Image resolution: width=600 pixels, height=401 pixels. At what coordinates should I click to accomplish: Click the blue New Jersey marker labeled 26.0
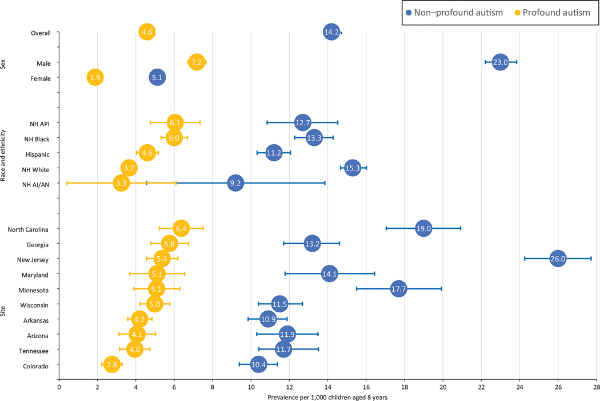[557, 259]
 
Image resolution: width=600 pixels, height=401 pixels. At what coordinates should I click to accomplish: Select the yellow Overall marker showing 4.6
[147, 33]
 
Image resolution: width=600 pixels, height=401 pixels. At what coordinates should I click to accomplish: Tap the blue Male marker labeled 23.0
[500, 62]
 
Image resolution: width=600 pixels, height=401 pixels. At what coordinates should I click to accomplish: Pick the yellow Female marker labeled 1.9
[95, 78]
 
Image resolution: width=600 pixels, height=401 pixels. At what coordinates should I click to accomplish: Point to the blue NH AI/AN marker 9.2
[235, 183]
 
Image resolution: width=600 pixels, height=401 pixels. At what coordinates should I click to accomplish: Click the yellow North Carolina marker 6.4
[181, 228]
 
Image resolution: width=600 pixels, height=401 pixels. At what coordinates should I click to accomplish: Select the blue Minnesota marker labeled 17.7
[398, 289]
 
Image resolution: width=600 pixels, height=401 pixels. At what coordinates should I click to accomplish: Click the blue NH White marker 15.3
[353, 168]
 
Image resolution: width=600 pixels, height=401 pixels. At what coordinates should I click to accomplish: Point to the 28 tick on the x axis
[596, 387]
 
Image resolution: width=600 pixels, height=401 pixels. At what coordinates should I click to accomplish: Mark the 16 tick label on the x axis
[366, 387]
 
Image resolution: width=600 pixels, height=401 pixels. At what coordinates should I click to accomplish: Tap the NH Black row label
[36, 139]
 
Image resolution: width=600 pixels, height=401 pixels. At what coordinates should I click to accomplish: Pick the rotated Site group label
[4, 298]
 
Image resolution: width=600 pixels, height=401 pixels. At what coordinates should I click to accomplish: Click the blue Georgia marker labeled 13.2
[312, 244]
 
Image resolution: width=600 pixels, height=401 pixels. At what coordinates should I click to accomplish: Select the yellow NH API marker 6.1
[175, 122]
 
